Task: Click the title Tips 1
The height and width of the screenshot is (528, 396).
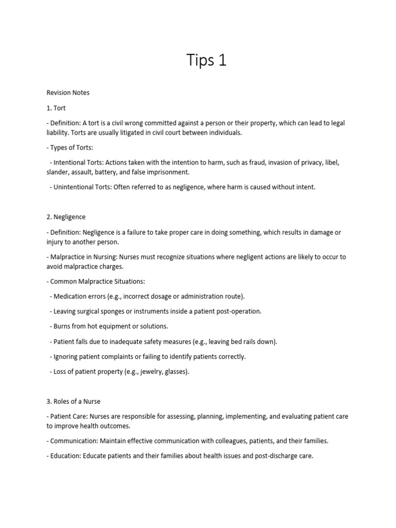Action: pos(206,60)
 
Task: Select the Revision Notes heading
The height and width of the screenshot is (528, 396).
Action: pos(68,93)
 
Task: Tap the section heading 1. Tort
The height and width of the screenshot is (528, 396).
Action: pos(56,108)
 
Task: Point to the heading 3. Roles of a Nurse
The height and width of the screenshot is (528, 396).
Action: pos(77,402)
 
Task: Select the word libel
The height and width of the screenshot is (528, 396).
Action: pos(331,162)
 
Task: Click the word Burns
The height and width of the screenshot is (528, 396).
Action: pos(63,326)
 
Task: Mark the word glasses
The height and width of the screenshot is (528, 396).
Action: pos(175,371)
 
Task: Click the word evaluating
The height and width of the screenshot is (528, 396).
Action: pos(303,416)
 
